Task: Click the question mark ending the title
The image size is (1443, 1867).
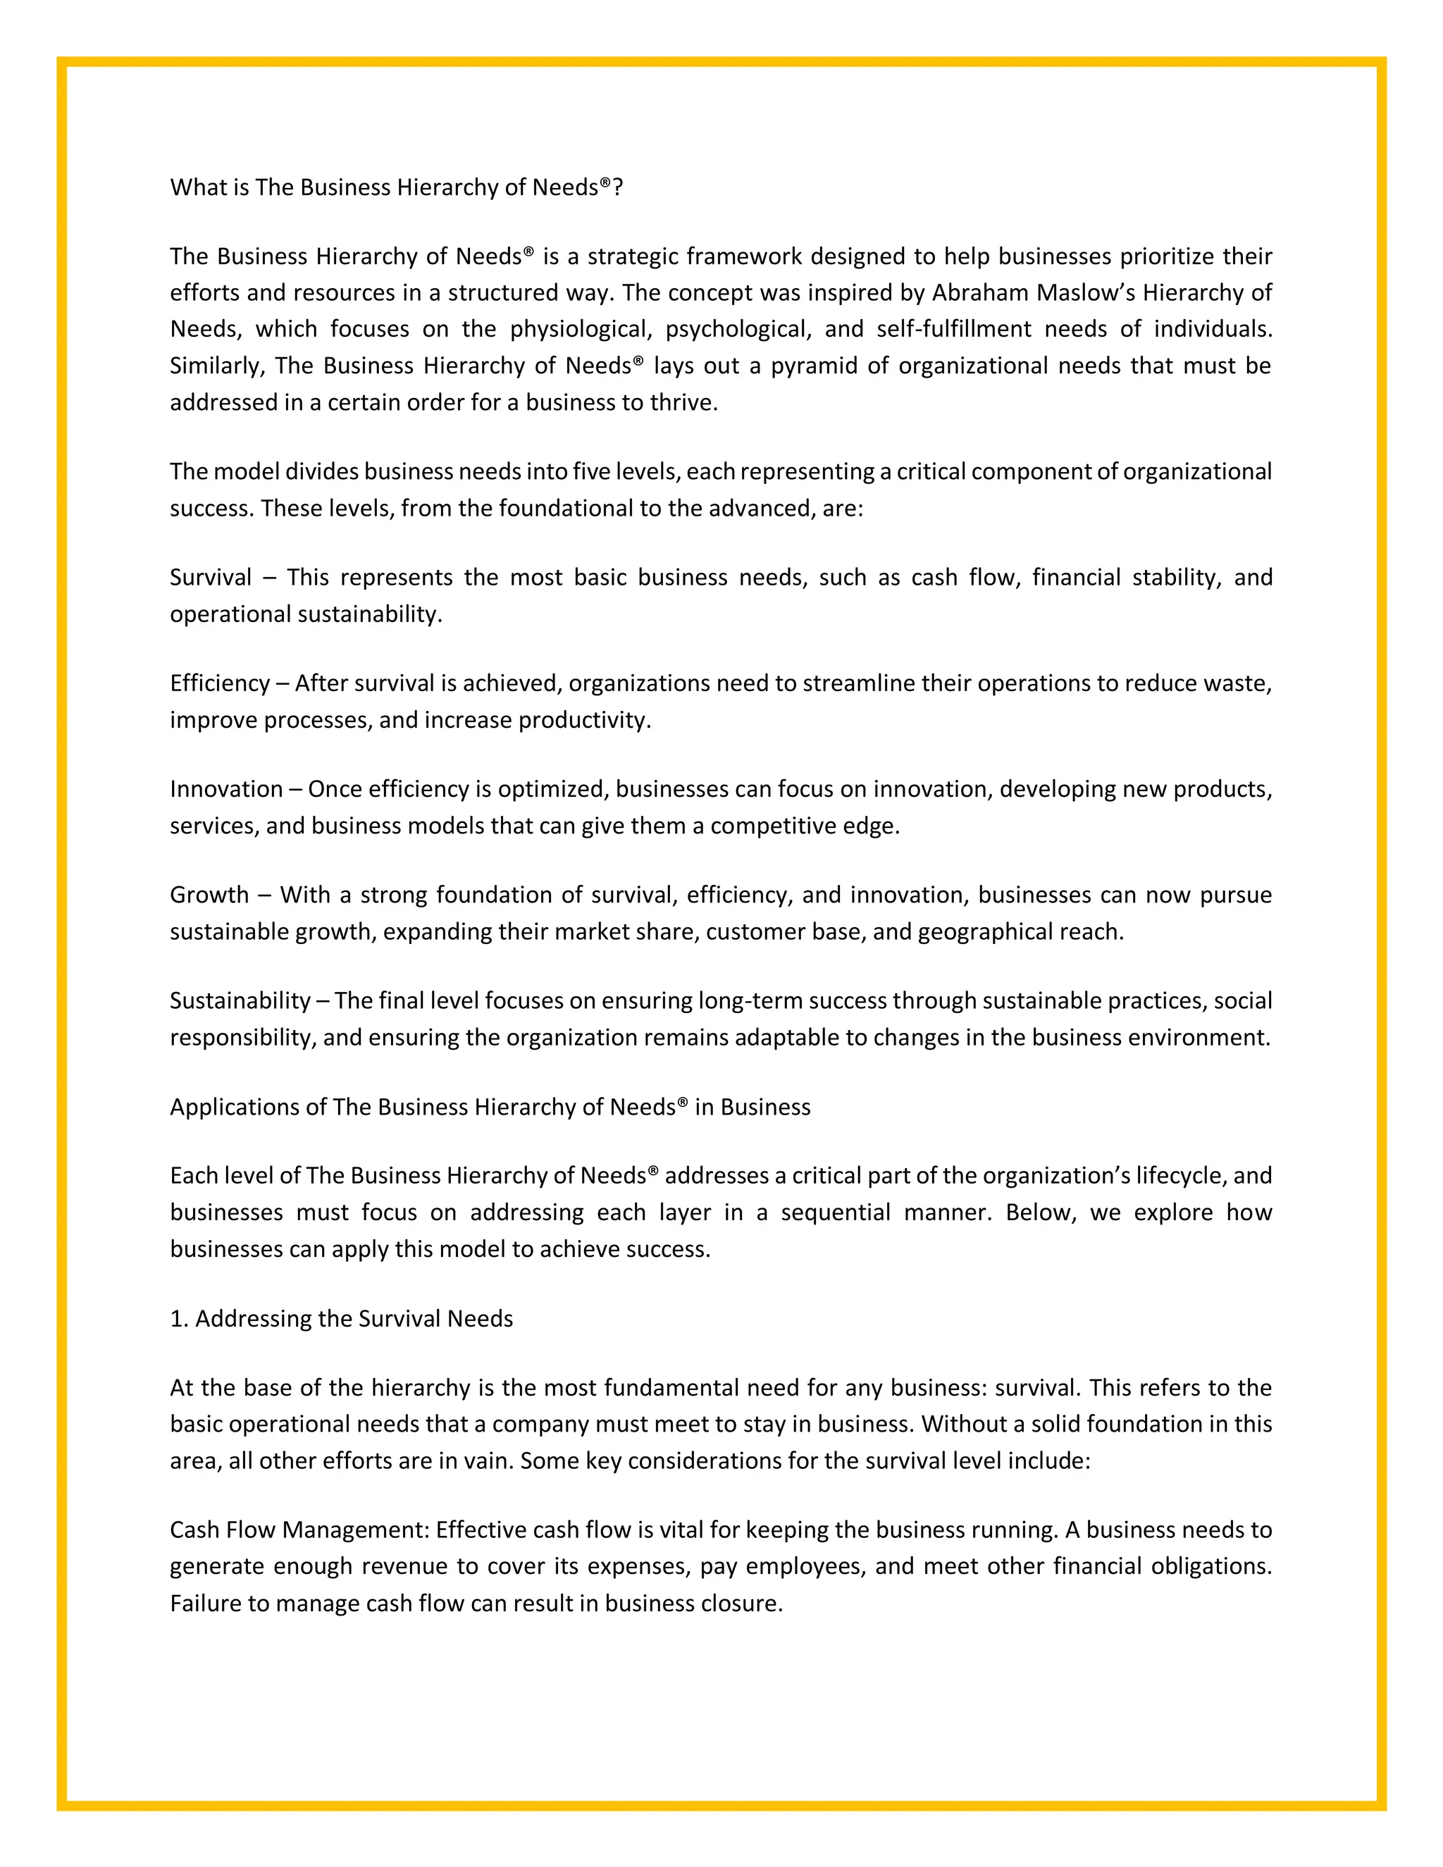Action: [618, 187]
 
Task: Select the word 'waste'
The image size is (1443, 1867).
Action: [1236, 684]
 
